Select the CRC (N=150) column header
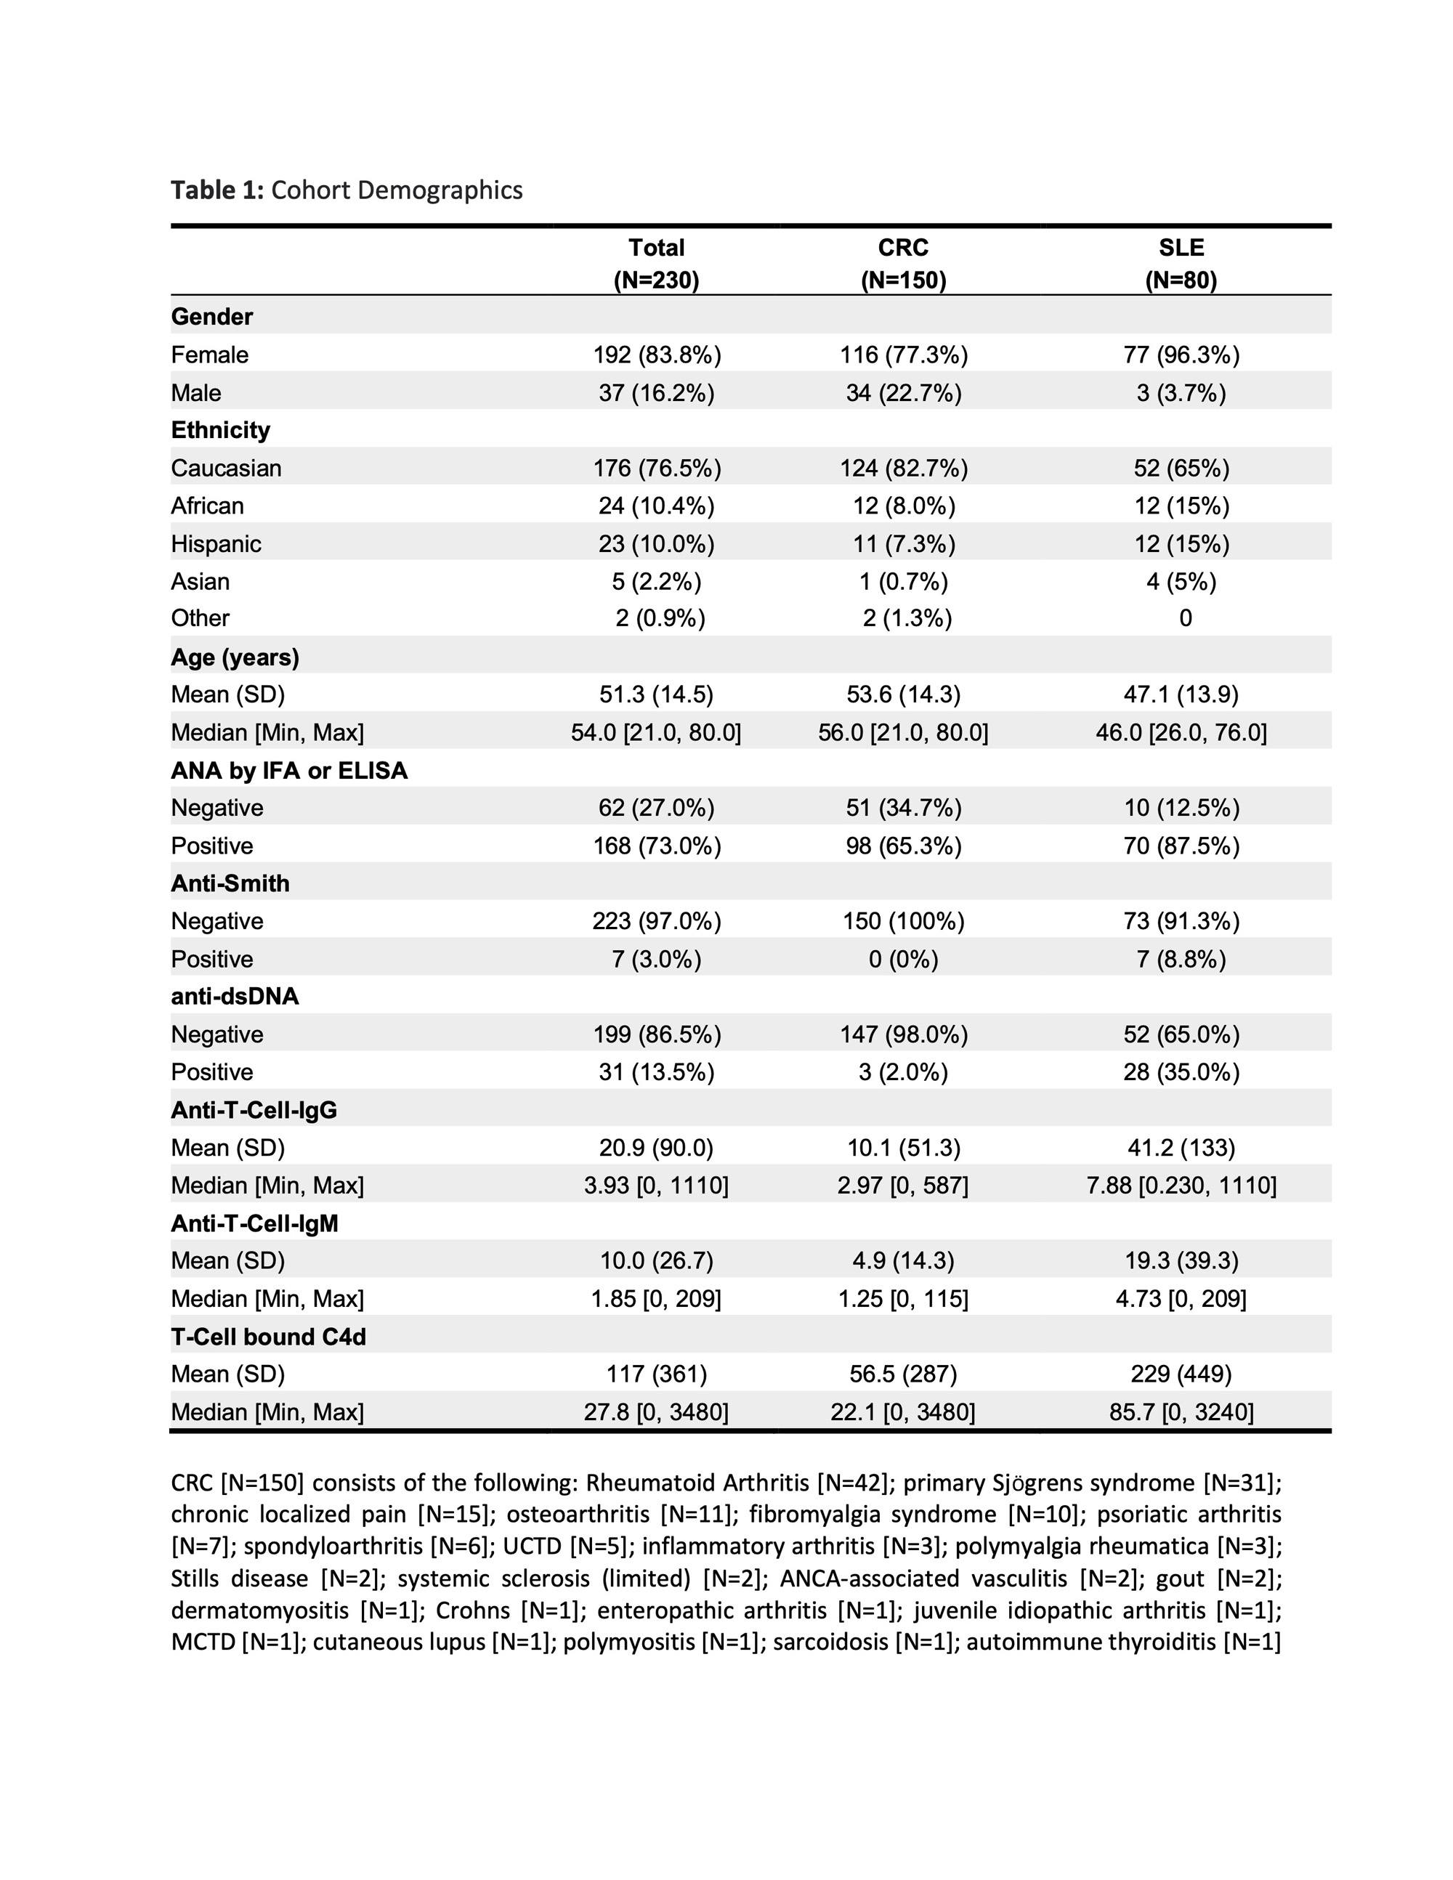903,264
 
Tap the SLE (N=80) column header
1181,264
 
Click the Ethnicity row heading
220,429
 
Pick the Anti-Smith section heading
230,883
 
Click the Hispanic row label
216,543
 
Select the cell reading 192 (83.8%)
657,354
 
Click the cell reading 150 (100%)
904,921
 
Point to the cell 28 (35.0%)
1181,1071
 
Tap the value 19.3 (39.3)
1181,1260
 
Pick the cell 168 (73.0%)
657,846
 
